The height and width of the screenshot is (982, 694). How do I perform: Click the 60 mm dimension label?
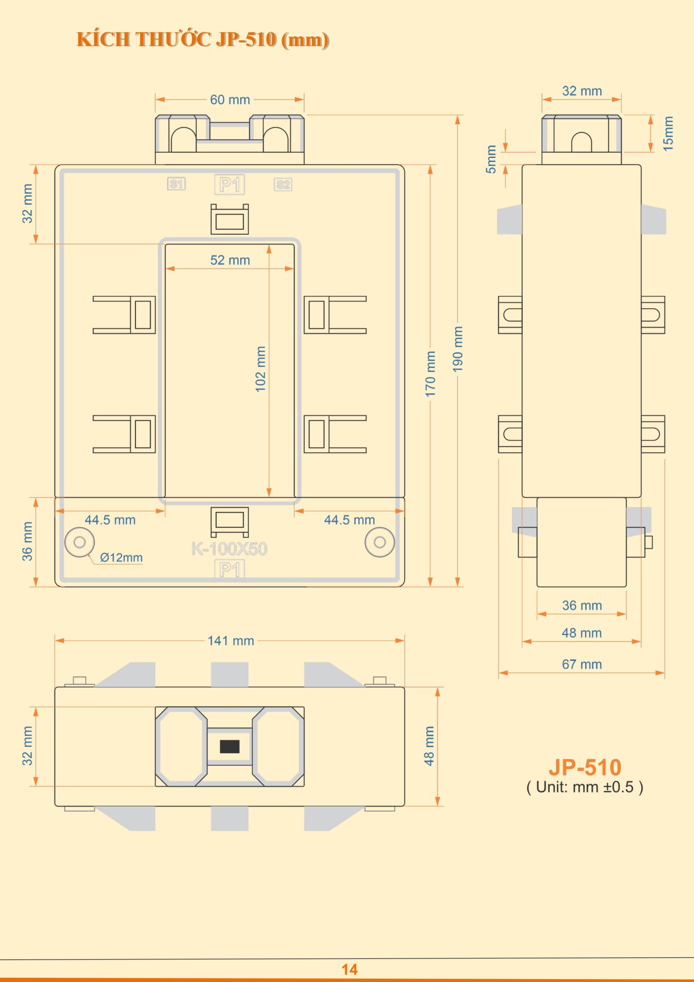pyautogui.click(x=230, y=100)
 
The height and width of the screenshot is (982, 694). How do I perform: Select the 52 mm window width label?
pyautogui.click(x=230, y=260)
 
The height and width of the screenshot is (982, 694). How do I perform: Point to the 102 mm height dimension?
pyautogui.click(x=260, y=369)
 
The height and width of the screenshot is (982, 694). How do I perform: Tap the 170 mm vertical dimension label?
pyautogui.click(x=430, y=374)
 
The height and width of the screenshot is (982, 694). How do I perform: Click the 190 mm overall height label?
pyautogui.click(x=458, y=349)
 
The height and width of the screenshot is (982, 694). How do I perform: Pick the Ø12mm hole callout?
pyautogui.click(x=121, y=558)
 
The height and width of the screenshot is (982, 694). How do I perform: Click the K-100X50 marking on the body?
pyautogui.click(x=230, y=549)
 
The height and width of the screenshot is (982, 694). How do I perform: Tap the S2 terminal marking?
pyautogui.click(x=283, y=185)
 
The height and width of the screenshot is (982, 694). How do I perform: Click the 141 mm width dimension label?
pyautogui.click(x=231, y=641)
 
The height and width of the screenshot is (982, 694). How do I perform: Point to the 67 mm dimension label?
pyautogui.click(x=582, y=664)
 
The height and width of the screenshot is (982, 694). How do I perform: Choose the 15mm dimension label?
pyautogui.click(x=668, y=133)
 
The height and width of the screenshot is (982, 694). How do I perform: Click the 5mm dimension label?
pyautogui.click(x=491, y=159)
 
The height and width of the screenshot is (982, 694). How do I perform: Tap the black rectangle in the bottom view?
pyautogui.click(x=230, y=746)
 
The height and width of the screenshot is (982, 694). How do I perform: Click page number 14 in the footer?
pyautogui.click(x=349, y=969)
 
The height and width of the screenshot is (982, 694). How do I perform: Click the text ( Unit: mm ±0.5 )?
pyautogui.click(x=585, y=787)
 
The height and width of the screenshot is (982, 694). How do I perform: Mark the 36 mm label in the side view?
pyautogui.click(x=582, y=606)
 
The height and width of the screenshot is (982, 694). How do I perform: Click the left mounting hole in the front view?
pyautogui.click(x=79, y=542)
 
